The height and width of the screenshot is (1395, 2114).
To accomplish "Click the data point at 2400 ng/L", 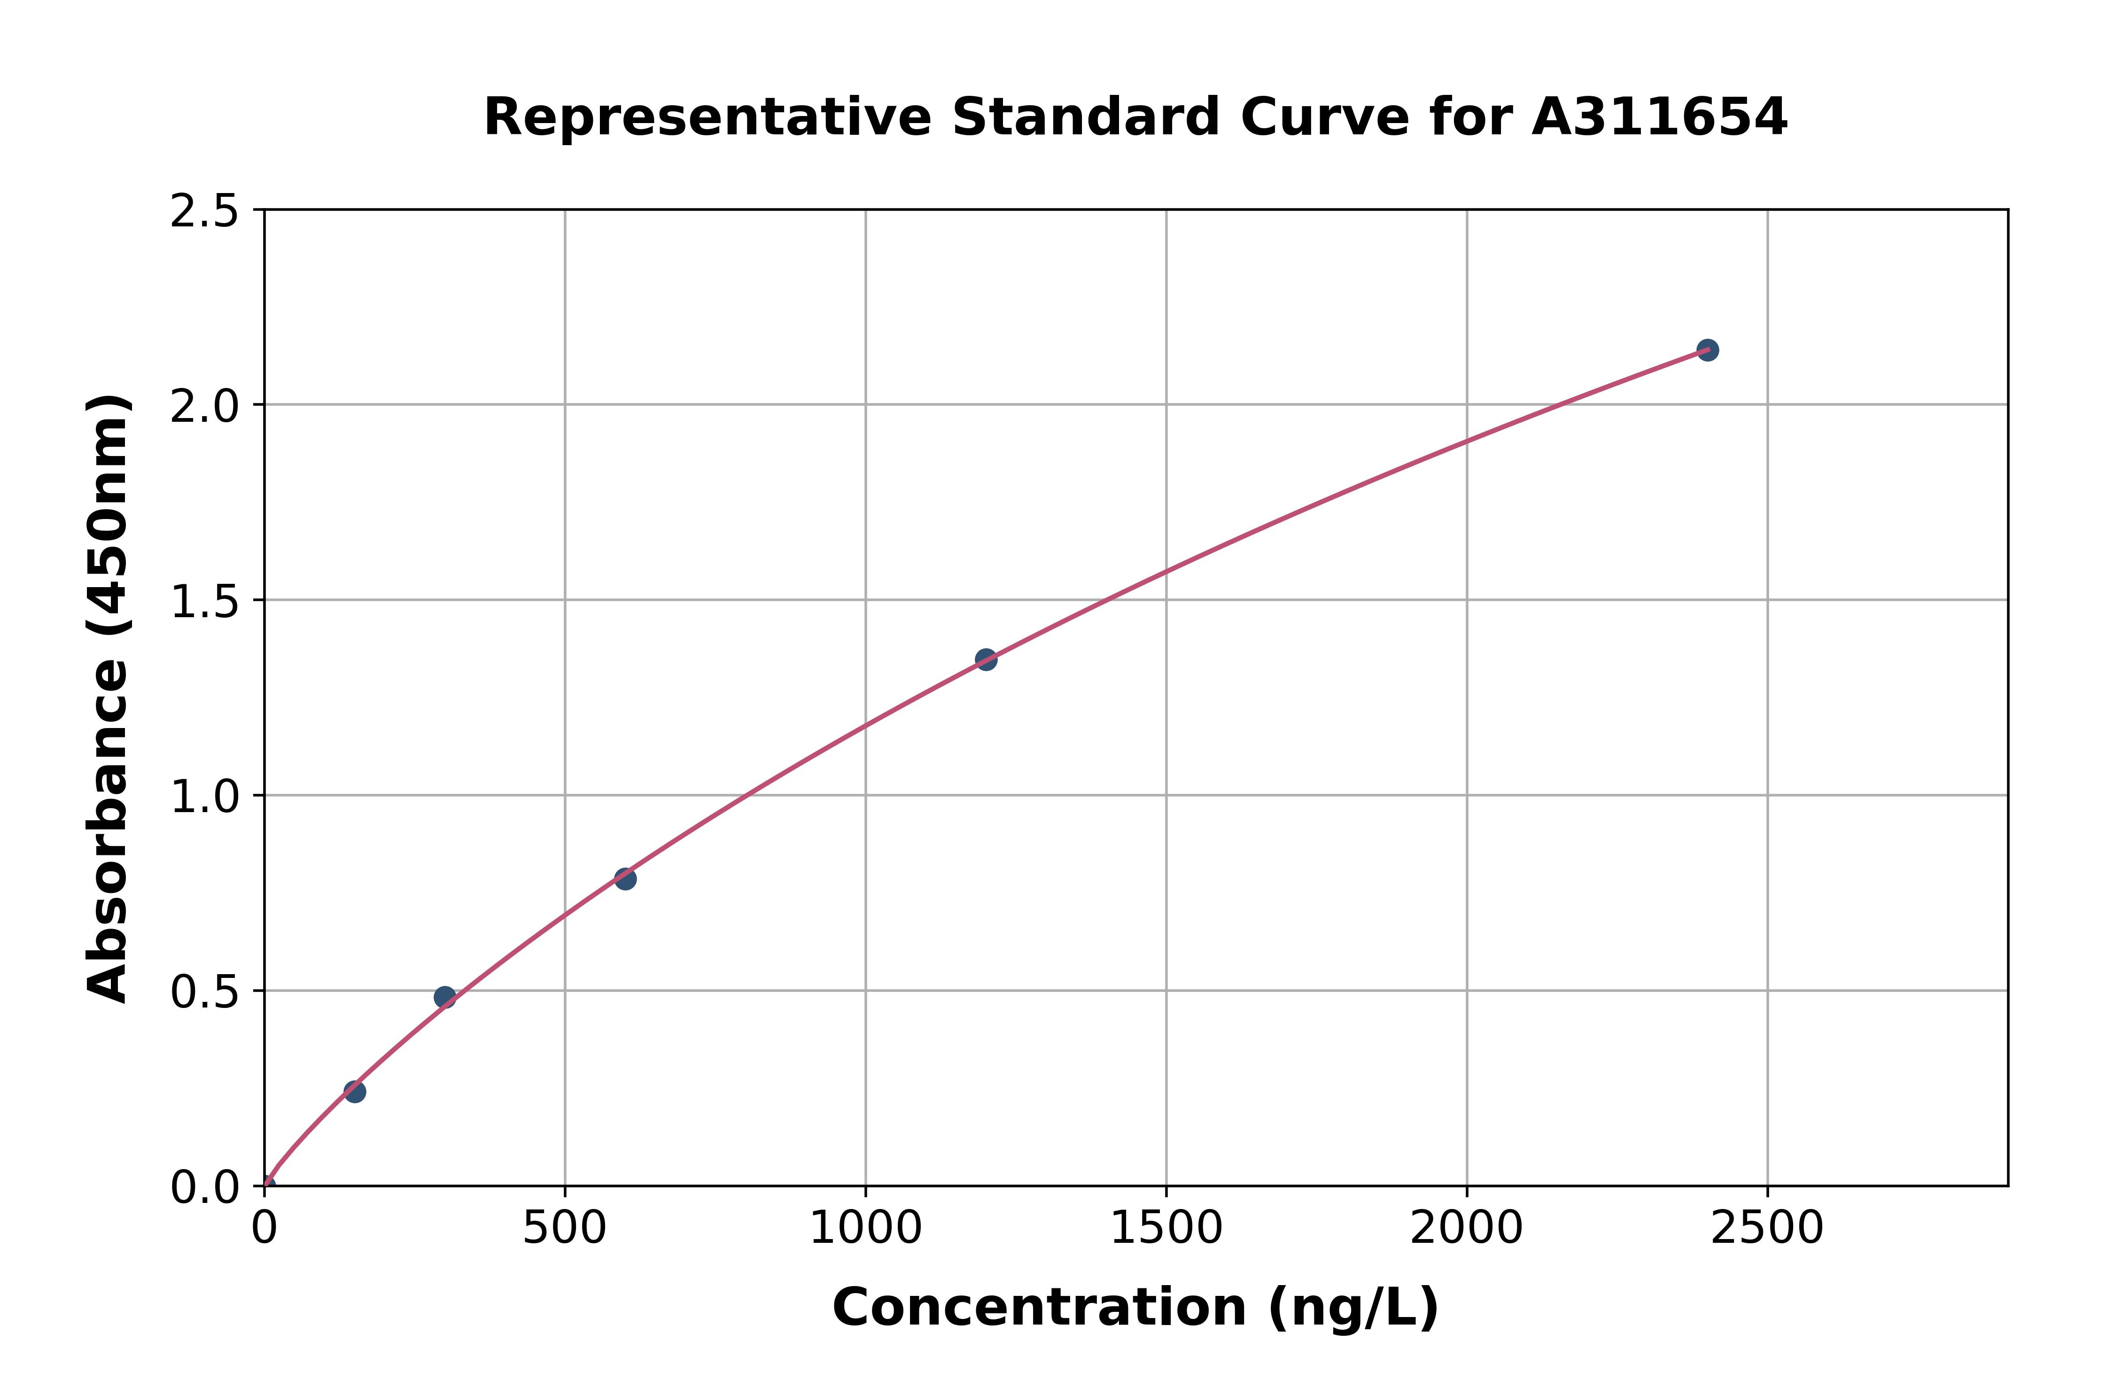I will pyautogui.click(x=1707, y=349).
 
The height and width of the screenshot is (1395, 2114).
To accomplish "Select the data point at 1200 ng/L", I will pyautogui.click(x=986, y=659).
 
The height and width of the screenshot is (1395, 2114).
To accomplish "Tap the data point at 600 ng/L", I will pyautogui.click(x=625, y=879).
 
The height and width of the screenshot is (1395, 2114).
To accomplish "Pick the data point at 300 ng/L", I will pyautogui.click(x=445, y=997).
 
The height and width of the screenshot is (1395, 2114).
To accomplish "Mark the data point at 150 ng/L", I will pyautogui.click(x=354, y=1092).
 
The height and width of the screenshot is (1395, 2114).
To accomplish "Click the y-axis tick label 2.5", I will pyautogui.click(x=205, y=212).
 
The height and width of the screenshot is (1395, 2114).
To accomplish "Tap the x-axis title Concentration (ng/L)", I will pyautogui.click(x=1135, y=1308).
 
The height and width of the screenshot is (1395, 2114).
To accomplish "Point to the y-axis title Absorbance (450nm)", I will pyautogui.click(x=109, y=698).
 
